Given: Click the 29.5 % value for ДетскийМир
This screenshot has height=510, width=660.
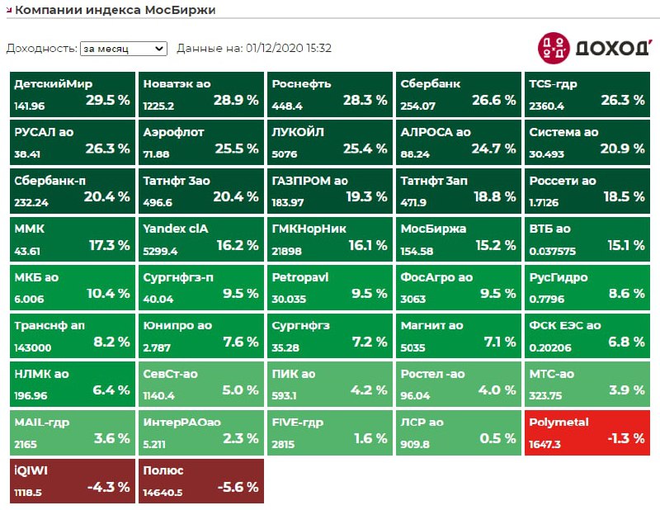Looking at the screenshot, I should click(x=107, y=101).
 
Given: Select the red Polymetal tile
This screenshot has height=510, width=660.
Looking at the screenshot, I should click(x=588, y=432).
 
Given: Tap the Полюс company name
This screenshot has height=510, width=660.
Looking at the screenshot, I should click(x=163, y=470).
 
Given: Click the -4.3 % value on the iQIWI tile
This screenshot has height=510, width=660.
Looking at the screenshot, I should click(x=108, y=487).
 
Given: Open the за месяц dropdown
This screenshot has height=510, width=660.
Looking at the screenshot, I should click(x=123, y=49).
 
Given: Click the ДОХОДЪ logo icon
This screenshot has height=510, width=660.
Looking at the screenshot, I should click(x=553, y=47).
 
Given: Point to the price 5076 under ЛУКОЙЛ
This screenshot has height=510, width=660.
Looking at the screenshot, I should click(x=285, y=154).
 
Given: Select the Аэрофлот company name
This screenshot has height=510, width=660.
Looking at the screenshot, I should click(x=173, y=132).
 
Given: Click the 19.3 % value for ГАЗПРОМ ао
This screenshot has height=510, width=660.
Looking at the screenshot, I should click(x=365, y=196).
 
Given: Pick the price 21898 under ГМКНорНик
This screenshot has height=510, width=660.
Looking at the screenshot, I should click(x=287, y=251).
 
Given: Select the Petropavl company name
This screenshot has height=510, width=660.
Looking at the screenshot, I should click(x=300, y=277).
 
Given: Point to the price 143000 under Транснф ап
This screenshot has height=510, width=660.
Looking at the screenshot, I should click(x=32, y=347).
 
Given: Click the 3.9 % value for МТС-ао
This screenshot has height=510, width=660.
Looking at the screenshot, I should click(x=626, y=390).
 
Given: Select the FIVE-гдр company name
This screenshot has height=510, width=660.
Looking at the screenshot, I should click(x=300, y=423).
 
